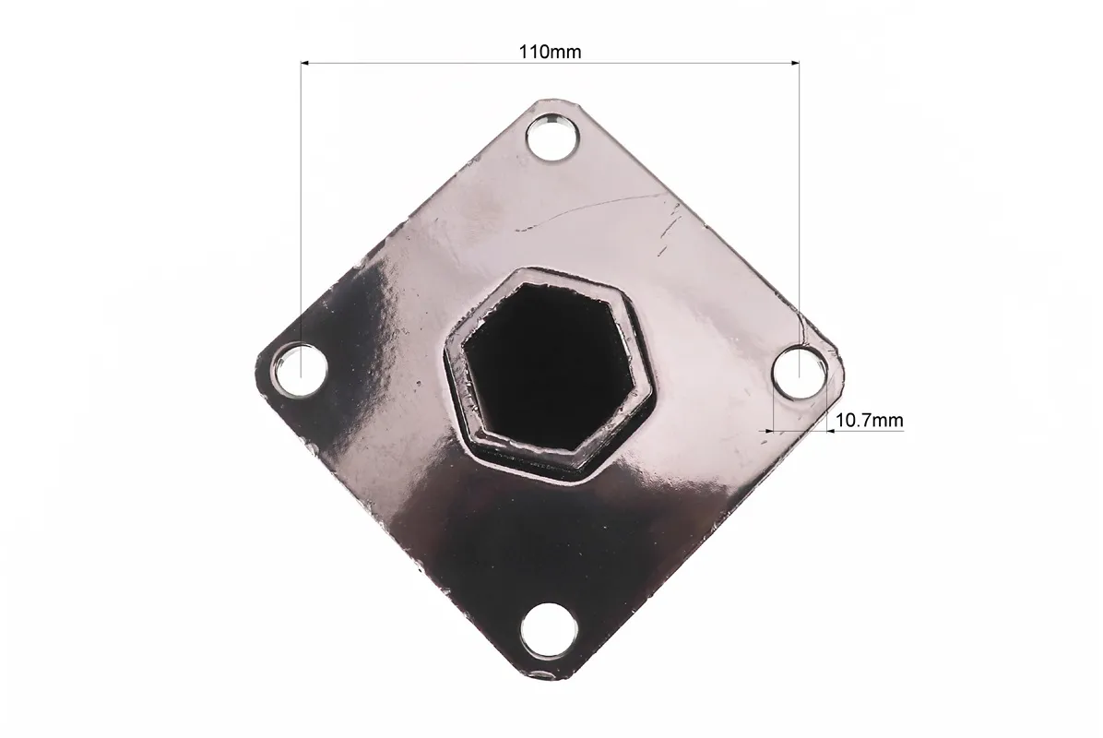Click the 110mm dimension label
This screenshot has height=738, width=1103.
click(550, 52)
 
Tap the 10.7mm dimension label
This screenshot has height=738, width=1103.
click(869, 421)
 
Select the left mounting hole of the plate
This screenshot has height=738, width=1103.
click(301, 369)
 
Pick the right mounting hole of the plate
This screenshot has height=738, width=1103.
click(800, 371)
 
